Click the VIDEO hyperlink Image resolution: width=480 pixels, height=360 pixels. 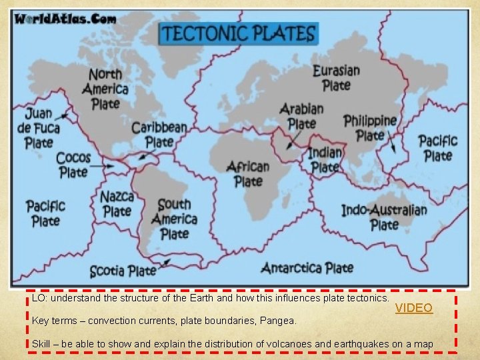(x=414, y=308)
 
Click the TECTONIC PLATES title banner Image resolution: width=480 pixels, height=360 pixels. (x=239, y=33)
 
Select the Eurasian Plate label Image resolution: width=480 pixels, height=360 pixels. (x=336, y=77)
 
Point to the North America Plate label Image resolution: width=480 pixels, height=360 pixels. (x=105, y=89)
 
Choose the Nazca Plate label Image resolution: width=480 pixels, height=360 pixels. (x=117, y=203)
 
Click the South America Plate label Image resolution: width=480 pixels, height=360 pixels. (x=174, y=219)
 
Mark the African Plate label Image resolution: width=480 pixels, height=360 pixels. (x=248, y=173)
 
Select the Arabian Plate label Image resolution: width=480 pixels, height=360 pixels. (x=301, y=116)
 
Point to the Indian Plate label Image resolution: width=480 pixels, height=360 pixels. (x=325, y=160)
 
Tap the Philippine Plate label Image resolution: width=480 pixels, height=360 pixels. (x=370, y=127)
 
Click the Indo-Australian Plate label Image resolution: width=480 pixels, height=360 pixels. (x=384, y=217)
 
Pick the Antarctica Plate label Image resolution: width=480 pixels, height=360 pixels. (x=307, y=268)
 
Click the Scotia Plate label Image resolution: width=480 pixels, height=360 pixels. (x=123, y=271)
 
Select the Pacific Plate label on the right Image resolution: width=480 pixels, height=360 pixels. (x=437, y=147)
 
